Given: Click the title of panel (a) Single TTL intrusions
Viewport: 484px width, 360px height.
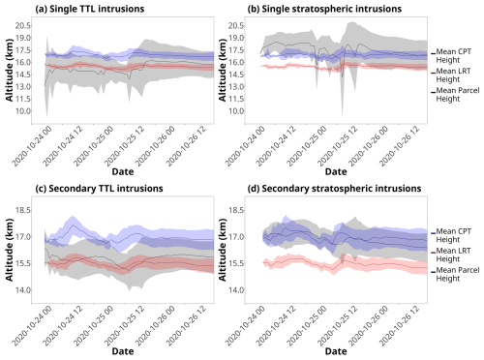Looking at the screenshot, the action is tap(90, 9).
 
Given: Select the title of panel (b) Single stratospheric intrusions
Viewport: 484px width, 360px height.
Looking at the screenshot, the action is tap(324, 9).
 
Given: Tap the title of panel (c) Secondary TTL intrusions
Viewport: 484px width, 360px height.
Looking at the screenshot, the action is tap(99, 188).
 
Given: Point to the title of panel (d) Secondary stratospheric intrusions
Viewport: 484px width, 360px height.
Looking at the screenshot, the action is tap(334, 188).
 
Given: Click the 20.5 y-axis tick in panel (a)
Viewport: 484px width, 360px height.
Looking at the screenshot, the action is tap(23, 25).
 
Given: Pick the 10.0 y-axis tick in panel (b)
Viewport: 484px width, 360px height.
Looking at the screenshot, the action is tap(236, 111).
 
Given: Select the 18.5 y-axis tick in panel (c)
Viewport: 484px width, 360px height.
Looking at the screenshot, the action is tap(23, 210).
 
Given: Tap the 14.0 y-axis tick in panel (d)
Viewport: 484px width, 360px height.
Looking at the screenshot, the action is tap(236, 290).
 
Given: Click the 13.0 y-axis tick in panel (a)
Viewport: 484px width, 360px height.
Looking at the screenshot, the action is tap(23, 87).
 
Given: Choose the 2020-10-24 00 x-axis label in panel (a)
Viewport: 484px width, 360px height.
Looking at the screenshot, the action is tap(32, 146).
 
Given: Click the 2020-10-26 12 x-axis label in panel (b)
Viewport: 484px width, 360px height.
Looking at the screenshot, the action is tap(400, 146).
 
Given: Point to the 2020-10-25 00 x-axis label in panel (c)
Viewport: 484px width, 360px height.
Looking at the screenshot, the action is tap(94, 325).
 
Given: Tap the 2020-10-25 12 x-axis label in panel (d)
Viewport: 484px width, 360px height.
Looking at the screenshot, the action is tap(338, 325).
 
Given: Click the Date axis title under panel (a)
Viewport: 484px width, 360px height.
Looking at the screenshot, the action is tap(123, 171).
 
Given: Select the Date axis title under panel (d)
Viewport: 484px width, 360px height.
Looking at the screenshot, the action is tap(336, 351).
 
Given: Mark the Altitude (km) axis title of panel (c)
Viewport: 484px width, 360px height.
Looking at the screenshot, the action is tap(10, 250).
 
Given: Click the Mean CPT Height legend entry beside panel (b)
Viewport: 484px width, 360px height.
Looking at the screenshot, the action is tap(451, 56).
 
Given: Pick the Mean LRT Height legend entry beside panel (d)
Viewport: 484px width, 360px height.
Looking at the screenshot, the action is tap(451, 255).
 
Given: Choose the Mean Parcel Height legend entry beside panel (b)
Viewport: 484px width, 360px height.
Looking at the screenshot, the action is tap(455, 95).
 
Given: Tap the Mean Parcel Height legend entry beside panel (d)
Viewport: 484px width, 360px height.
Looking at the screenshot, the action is tap(455, 274).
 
